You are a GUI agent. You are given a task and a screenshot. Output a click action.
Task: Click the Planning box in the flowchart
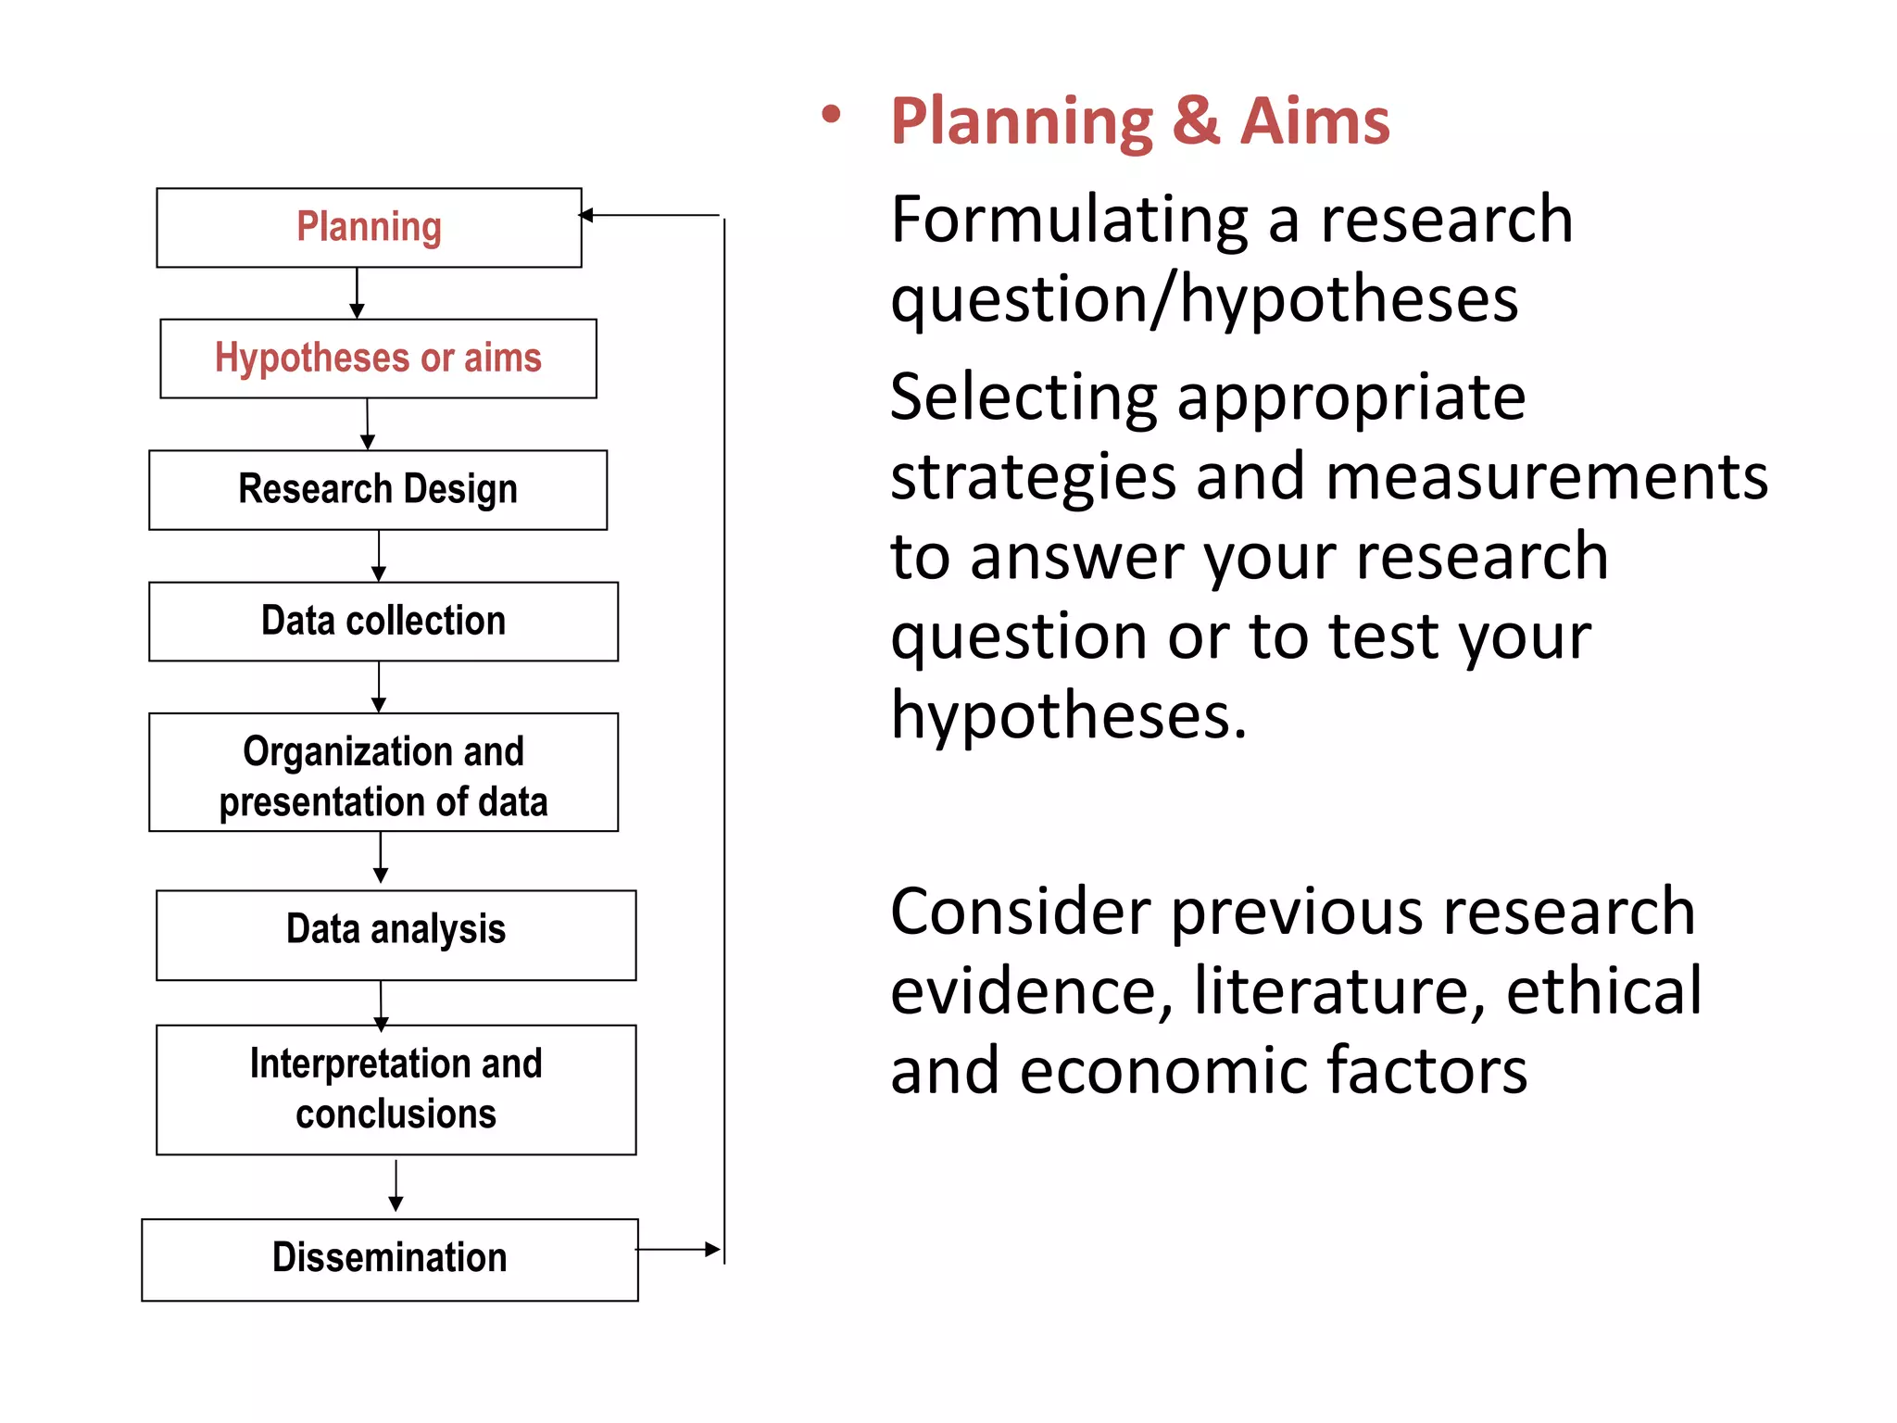(369, 228)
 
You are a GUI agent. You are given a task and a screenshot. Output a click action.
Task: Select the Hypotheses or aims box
(378, 359)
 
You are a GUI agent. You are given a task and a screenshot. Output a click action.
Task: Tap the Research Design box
(378, 490)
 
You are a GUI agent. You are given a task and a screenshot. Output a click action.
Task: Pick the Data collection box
(383, 622)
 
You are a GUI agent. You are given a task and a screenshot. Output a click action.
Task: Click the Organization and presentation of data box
(383, 773)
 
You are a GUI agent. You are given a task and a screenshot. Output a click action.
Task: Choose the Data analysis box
(396, 935)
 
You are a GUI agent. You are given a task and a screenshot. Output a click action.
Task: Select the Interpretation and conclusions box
(396, 1089)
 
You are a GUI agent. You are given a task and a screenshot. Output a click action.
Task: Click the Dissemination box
(390, 1260)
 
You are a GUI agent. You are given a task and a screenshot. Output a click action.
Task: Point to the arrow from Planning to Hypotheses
(357, 295)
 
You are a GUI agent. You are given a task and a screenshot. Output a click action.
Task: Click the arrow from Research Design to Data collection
(379, 558)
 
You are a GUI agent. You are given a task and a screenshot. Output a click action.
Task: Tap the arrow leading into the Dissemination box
(396, 1189)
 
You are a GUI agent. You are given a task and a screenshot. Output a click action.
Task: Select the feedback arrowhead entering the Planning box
(586, 215)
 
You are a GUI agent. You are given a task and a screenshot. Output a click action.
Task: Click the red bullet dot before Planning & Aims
(831, 115)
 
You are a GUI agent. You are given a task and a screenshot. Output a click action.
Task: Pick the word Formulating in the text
(1069, 222)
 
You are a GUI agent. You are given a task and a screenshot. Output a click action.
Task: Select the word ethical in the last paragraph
(1603, 991)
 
